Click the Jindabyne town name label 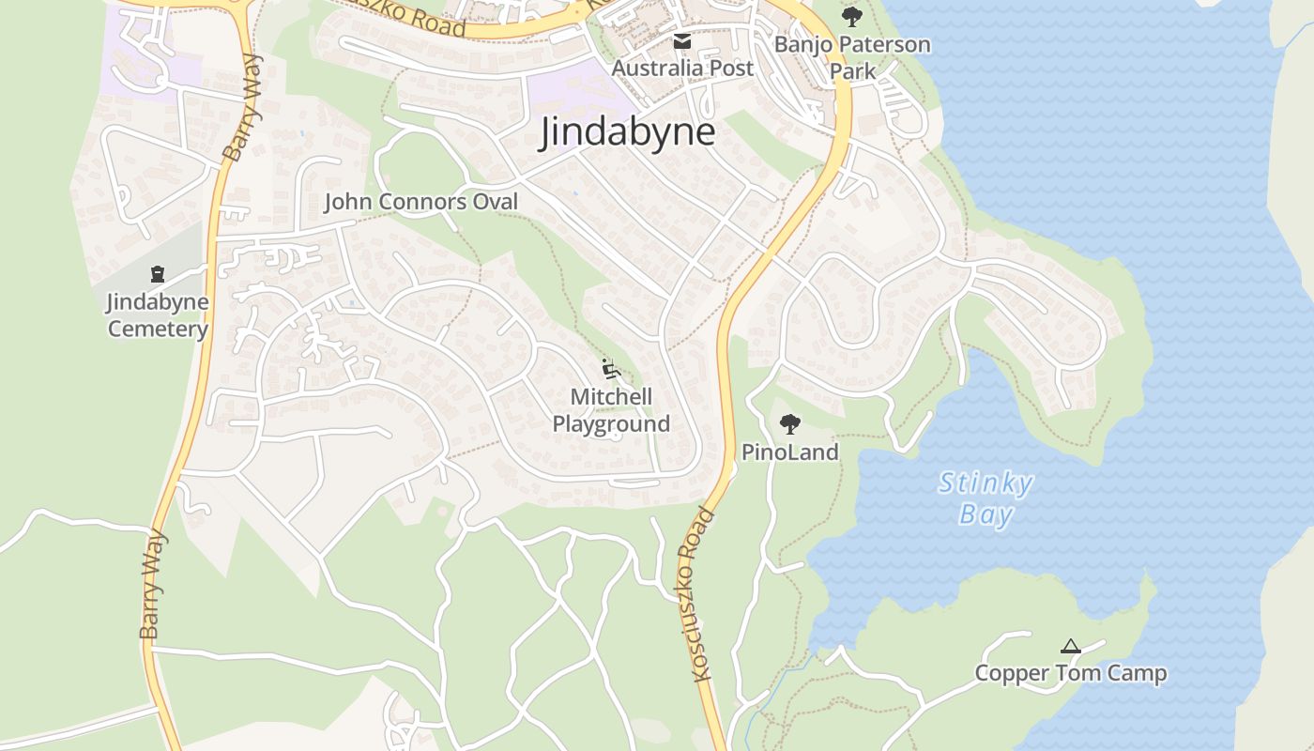(x=627, y=133)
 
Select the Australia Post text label (x=682, y=69)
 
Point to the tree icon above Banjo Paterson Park (x=852, y=16)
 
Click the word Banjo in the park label (x=802, y=45)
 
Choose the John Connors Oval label (x=420, y=202)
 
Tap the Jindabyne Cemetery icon (x=158, y=274)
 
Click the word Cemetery (x=158, y=329)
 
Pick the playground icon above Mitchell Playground (x=611, y=368)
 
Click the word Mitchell (x=611, y=397)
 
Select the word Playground (x=611, y=423)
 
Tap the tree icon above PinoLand (x=790, y=423)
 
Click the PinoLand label (x=790, y=452)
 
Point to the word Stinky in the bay (x=985, y=484)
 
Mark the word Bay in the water (x=985, y=514)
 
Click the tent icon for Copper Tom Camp (x=1070, y=646)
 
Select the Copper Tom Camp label (x=1070, y=673)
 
